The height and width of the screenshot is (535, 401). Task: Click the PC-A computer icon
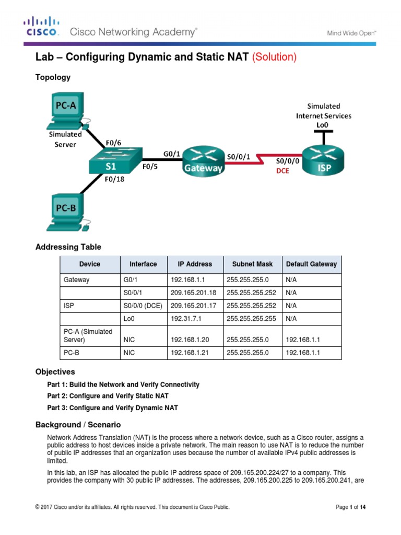pyautogui.click(x=66, y=111)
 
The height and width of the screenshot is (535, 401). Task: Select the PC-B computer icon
pyautogui.click(x=66, y=212)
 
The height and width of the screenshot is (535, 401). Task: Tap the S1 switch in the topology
pyautogui.click(x=111, y=161)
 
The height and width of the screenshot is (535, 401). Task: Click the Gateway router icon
pyautogui.click(x=203, y=160)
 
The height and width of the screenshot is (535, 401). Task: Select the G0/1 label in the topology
pyautogui.click(x=172, y=154)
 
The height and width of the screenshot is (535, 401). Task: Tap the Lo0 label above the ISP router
pyautogui.click(x=323, y=125)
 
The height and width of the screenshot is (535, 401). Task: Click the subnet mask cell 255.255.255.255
pyautogui.click(x=251, y=317)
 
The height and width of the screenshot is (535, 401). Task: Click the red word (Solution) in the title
pyautogui.click(x=274, y=57)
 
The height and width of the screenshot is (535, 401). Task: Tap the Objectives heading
pyautogui.click(x=55, y=372)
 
